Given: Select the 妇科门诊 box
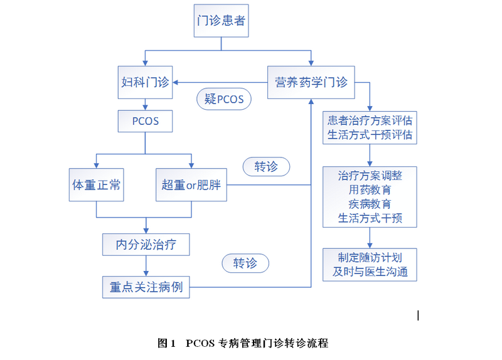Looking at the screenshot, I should (146, 82).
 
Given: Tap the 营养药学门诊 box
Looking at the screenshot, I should (311, 82).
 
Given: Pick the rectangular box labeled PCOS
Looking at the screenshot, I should (146, 121).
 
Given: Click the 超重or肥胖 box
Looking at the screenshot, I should (191, 185).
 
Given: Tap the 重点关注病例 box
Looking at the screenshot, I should (146, 287).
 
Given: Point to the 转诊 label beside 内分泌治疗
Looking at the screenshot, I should (245, 263).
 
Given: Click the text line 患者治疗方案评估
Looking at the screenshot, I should (370, 120).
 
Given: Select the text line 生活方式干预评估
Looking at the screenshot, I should (370, 135).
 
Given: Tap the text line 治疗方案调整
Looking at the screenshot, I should (370, 175).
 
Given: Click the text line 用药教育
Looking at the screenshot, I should (370, 189).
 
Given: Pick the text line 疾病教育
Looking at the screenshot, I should (370, 204).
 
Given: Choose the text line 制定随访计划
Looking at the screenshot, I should (370, 257).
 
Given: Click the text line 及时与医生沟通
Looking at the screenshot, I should (370, 272).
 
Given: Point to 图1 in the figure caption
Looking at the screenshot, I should (166, 343).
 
